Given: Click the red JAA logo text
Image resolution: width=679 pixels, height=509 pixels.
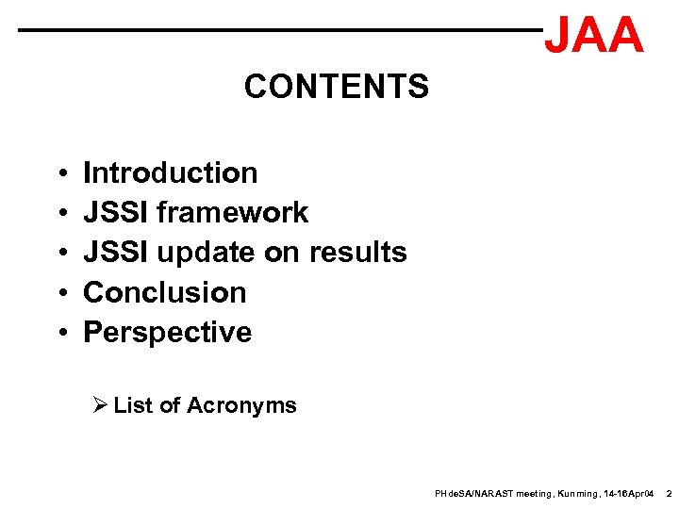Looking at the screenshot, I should [x=594, y=36].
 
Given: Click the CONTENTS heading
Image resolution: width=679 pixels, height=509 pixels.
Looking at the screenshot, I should [x=336, y=87].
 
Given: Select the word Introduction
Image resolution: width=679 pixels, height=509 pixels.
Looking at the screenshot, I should [x=170, y=172].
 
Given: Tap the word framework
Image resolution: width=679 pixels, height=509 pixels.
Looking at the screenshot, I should [x=232, y=213].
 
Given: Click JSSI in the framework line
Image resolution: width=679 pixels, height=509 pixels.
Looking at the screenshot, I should [x=116, y=213].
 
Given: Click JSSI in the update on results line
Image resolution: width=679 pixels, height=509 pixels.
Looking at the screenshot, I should [x=116, y=253].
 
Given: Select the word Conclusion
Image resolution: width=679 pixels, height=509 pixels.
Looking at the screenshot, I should [x=165, y=292].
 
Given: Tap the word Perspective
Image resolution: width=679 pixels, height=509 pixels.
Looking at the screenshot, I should [x=168, y=333].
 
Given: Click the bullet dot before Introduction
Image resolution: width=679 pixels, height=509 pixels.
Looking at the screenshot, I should [x=59, y=174].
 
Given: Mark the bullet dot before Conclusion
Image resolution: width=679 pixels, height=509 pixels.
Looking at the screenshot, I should [x=59, y=294].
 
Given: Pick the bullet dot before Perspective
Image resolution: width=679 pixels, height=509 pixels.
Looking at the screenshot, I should [x=59, y=334].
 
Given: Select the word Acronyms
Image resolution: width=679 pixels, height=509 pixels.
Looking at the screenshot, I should [x=241, y=405].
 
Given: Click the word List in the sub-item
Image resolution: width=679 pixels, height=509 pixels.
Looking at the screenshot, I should [x=133, y=405].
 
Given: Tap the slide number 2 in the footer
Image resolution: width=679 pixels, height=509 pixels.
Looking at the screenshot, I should [x=668, y=494].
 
